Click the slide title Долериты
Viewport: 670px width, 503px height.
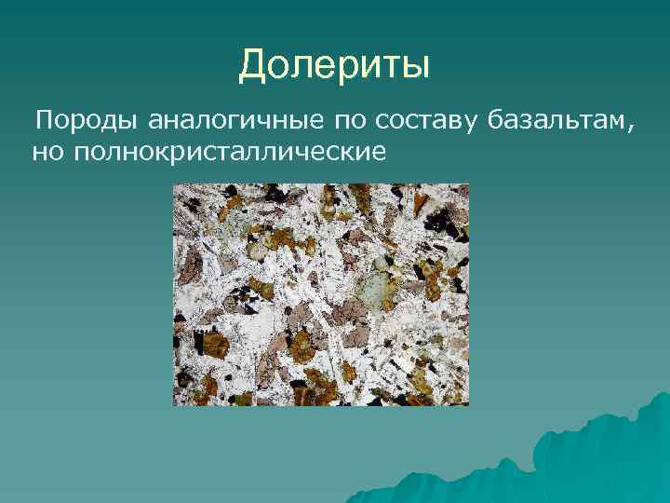pyautogui.click(x=334, y=66)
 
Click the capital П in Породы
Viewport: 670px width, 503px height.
pyautogui.click(x=44, y=120)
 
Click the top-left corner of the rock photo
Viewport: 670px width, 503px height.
pyautogui.click(x=174, y=184)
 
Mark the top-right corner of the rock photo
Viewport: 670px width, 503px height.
pyautogui.click(x=468, y=184)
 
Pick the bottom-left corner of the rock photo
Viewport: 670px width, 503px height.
pyautogui.click(x=174, y=405)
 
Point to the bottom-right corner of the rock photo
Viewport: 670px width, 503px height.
pyautogui.click(x=468, y=405)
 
